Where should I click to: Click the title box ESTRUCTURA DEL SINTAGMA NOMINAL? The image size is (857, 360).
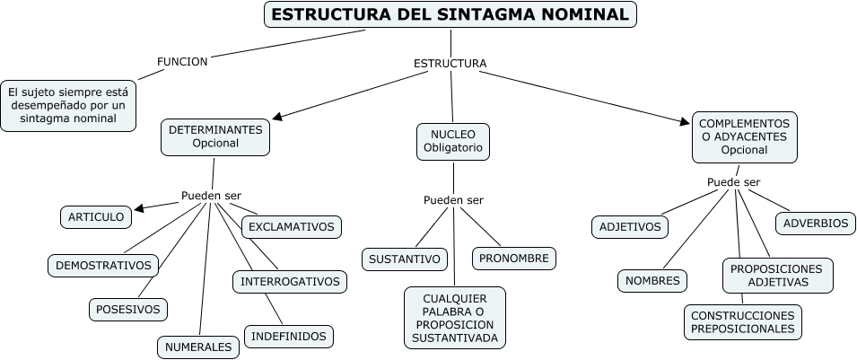tap(450, 14)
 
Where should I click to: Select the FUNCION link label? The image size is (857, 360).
tap(182, 62)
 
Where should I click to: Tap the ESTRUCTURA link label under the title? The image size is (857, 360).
tap(450, 64)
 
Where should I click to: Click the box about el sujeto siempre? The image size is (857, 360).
tap(68, 104)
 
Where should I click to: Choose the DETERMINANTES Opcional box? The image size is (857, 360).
tap(215, 136)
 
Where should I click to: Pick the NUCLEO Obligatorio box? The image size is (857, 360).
tap(453, 141)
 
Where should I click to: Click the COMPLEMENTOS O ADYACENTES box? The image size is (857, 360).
tap(744, 136)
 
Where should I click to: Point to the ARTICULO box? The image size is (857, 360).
tap(96, 216)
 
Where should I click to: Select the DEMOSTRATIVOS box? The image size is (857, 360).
tap(103, 265)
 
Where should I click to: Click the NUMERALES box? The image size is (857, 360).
tap(198, 346)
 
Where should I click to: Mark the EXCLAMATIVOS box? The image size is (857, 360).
tap(291, 226)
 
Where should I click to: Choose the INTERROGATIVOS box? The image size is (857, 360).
tap(290, 281)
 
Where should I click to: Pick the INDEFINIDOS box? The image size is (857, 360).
tap(288, 337)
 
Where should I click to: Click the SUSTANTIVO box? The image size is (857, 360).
tap(405, 259)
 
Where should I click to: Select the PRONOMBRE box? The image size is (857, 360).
tap(513, 259)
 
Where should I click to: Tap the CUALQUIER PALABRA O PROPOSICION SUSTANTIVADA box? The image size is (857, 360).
tap(455, 318)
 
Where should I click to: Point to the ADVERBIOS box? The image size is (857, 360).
tap(815, 223)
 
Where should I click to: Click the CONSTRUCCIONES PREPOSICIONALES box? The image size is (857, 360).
tap(742, 322)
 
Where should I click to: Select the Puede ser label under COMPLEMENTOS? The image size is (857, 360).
tap(733, 182)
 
